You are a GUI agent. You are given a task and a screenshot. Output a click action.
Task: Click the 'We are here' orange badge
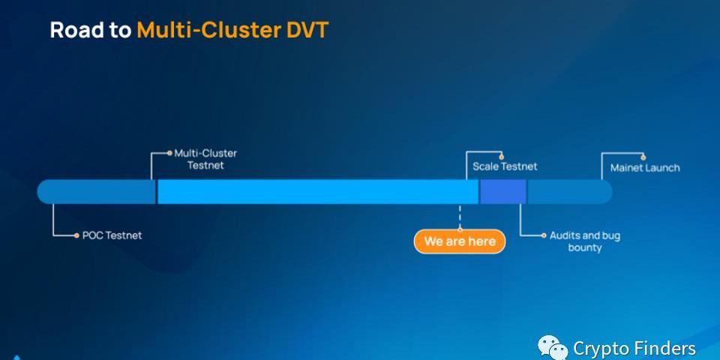tap(460, 241)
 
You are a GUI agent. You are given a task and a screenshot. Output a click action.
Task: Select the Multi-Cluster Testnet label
tap(205, 159)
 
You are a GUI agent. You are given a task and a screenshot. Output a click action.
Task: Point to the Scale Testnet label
tap(505, 166)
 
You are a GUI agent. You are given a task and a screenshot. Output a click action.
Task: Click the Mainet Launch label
tap(645, 168)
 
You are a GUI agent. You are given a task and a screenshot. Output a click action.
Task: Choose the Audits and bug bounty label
tap(585, 241)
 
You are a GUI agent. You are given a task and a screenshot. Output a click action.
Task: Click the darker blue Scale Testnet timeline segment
tap(502, 192)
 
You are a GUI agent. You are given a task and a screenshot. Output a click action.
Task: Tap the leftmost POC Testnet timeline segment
tap(96, 192)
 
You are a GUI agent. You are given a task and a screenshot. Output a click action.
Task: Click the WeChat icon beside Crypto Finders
tap(553, 347)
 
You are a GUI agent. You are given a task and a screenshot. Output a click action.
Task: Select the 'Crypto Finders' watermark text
tap(634, 349)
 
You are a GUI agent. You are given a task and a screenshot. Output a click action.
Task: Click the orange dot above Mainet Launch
tap(643, 157)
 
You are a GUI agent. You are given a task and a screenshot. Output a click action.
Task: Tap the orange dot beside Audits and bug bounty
tap(544, 235)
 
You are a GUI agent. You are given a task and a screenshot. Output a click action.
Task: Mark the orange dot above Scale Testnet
tap(502, 157)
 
